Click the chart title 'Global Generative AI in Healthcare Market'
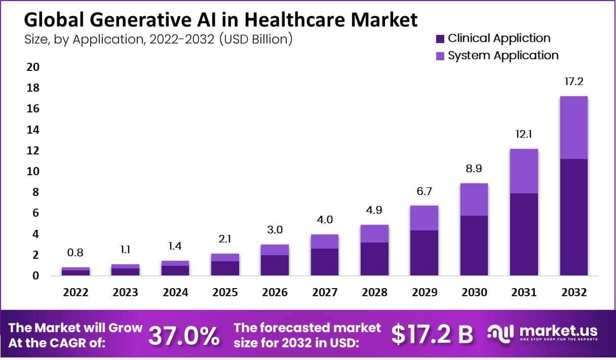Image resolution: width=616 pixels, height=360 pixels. [221, 20]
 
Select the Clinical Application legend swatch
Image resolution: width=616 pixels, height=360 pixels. [439, 38]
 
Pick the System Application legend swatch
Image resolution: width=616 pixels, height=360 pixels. [439, 56]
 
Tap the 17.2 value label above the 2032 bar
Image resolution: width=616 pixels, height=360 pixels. [574, 81]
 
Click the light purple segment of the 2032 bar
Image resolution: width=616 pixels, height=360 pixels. [574, 128]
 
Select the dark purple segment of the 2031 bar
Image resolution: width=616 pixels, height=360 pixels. [524, 234]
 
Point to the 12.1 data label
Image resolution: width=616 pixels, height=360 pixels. [524, 134]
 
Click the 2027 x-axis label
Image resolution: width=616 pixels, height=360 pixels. [324, 293]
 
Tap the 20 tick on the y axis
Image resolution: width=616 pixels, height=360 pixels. [32, 67]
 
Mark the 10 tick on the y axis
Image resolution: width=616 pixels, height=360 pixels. [32, 172]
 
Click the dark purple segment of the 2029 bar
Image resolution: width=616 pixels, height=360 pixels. [424, 253]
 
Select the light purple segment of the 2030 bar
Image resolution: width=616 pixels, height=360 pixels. [474, 199]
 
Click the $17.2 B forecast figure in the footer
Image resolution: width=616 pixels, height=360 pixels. [433, 335]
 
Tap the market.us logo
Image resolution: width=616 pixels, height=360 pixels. [542, 333]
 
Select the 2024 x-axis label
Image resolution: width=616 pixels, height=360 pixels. [175, 293]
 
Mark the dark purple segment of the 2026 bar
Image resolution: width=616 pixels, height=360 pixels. [275, 265]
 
